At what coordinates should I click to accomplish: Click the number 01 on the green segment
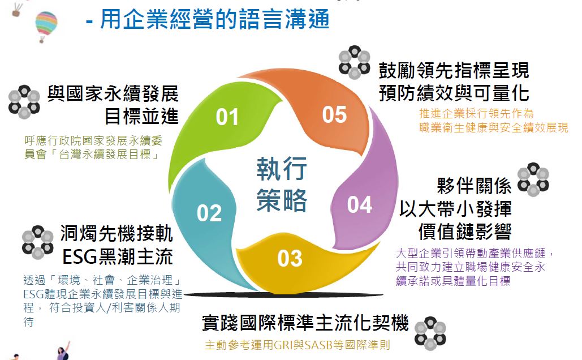tap(227, 117)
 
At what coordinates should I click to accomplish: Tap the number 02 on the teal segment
tap(209, 213)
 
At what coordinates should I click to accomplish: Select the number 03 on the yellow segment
tap(290, 259)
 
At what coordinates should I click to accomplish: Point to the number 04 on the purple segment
tap(359, 205)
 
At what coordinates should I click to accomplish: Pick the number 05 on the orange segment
tap(334, 114)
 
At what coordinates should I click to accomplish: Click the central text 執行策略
tap(282, 185)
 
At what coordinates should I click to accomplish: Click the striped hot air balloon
tap(46, 26)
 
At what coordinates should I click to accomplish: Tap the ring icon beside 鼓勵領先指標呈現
tap(354, 62)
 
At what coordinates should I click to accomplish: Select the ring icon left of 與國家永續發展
tap(24, 102)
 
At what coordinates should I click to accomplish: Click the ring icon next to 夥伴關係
tap(533, 179)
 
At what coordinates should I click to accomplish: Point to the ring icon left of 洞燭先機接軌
tap(37, 242)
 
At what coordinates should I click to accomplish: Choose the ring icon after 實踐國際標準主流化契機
tap(430, 333)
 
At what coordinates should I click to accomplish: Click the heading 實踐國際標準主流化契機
tap(305, 323)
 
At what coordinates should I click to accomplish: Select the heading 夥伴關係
tap(474, 186)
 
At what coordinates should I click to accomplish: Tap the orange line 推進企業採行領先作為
tap(476, 113)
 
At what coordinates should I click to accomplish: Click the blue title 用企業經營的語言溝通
tap(214, 19)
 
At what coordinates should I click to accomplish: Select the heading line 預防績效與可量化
tap(454, 93)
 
